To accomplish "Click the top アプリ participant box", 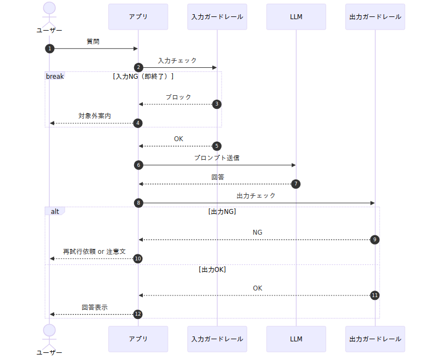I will coord(138,17).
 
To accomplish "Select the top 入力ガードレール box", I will coord(217,17).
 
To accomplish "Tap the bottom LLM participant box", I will coord(296,339).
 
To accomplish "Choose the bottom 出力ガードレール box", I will coord(375,339).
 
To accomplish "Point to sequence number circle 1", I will coord(50,49).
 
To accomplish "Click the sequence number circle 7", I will coord(295,184).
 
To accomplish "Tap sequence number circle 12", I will coord(138,314).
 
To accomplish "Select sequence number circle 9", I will coord(375,240).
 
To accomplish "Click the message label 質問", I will coord(93,41).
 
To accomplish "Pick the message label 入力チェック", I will coord(177,60).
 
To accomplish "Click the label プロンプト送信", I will coord(217,158).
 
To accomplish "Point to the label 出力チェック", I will coord(256,195).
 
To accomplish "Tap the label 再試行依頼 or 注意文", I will coord(94,252).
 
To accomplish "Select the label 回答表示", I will coord(95,307).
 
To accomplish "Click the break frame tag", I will coord(55,76).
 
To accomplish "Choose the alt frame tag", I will coord(55,211).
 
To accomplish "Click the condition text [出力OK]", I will coord(212,270).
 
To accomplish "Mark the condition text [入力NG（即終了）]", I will coord(143,77).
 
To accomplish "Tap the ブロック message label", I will coord(178,97).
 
